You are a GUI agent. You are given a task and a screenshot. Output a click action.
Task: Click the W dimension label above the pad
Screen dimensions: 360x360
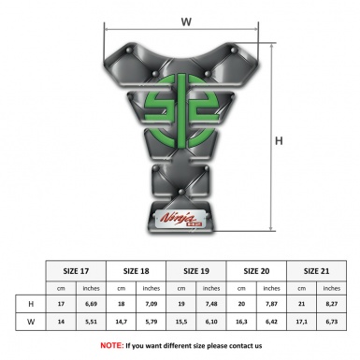point(186,22)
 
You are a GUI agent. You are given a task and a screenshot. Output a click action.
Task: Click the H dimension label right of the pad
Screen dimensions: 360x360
point(279,141)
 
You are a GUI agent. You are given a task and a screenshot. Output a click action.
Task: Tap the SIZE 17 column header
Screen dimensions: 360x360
point(76,271)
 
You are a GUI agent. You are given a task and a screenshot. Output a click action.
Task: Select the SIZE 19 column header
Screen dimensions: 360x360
point(196,271)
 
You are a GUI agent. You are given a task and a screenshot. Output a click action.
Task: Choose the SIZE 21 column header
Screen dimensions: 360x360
point(316,271)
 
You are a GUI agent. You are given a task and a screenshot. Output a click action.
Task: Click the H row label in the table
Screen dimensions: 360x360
point(31,304)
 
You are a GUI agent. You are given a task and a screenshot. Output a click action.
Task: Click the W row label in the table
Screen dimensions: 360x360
point(31,322)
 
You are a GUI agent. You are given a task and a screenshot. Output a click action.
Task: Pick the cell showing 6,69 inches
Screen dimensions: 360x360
point(91,304)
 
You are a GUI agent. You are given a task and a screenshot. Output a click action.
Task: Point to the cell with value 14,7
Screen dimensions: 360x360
point(121,322)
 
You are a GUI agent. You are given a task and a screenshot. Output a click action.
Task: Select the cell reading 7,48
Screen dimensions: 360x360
point(211,304)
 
